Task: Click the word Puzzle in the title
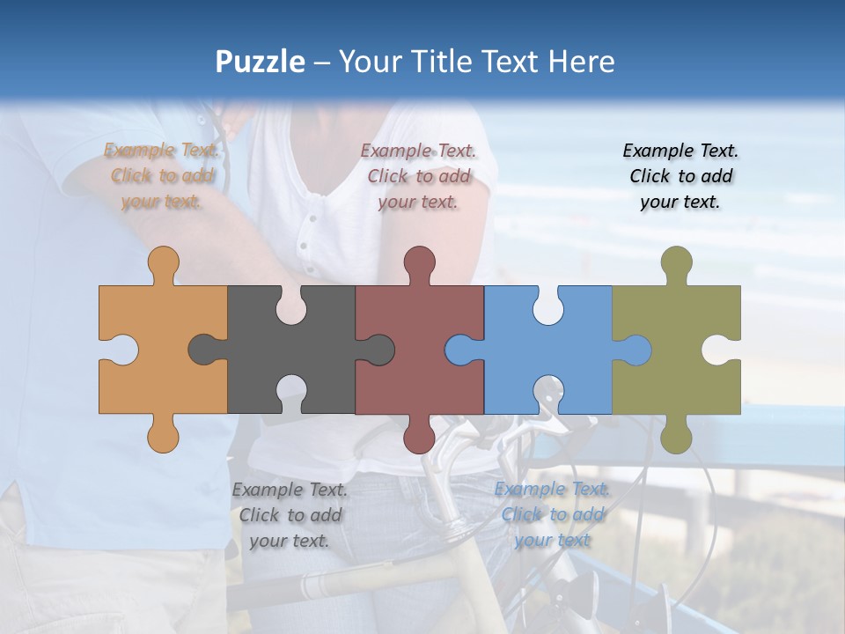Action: (261, 62)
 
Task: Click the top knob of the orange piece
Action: (163, 263)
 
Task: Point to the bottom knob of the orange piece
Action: (163, 435)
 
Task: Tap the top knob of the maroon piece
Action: (420, 263)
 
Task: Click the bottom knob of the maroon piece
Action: (420, 435)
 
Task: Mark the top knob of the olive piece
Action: (676, 263)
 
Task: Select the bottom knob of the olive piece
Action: (676, 435)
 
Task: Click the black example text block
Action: (680, 176)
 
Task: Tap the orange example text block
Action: (162, 176)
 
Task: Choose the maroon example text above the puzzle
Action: (418, 176)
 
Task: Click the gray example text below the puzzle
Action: (290, 515)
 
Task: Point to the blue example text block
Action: (552, 513)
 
